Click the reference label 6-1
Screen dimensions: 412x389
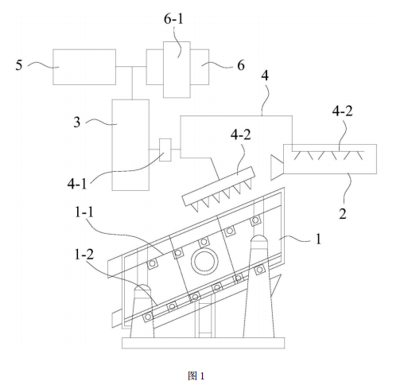(x=173, y=19)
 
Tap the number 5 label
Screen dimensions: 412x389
(x=19, y=65)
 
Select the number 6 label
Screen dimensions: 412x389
(x=241, y=65)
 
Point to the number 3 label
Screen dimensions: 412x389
(x=77, y=123)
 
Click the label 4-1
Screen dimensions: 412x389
(x=77, y=184)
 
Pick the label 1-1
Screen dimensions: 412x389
(x=84, y=212)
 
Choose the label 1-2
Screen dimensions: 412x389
(x=84, y=255)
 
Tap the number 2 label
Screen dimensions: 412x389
(x=343, y=213)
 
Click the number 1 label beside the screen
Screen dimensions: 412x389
(x=318, y=239)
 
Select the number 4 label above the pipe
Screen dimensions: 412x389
(x=265, y=76)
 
